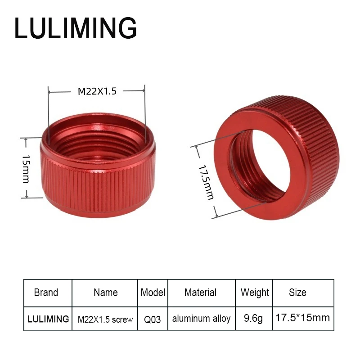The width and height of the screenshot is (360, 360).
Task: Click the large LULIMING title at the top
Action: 76,28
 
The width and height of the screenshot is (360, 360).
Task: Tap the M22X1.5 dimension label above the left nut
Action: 97,91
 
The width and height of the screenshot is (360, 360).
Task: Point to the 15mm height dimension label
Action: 26,169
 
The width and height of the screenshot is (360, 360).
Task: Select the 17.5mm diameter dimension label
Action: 206,182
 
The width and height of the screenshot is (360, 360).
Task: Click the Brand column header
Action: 46,292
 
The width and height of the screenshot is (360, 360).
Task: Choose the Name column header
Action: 106,292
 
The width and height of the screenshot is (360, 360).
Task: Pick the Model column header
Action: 153,292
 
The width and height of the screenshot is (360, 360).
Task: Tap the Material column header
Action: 200,292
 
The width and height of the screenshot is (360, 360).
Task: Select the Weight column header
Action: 255,293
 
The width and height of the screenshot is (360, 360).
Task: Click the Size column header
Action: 297,292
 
